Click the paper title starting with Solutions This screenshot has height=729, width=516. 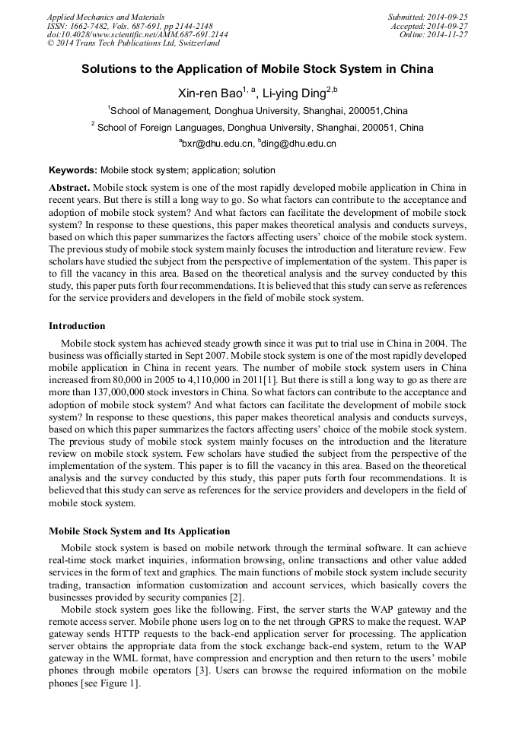pos(257,69)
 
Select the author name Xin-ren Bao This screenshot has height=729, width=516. pos(209,94)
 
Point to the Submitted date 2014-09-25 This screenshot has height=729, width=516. pos(428,17)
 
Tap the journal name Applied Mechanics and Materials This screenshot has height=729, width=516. pos(106,17)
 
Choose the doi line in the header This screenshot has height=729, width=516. pos(137,35)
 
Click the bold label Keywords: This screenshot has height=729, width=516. pos(73,170)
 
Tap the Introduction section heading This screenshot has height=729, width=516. pos(77,326)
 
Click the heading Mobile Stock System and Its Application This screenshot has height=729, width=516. pos(139,531)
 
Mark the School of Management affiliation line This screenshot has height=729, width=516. pos(257,111)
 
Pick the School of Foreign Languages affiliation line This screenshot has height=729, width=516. pos(257,128)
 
